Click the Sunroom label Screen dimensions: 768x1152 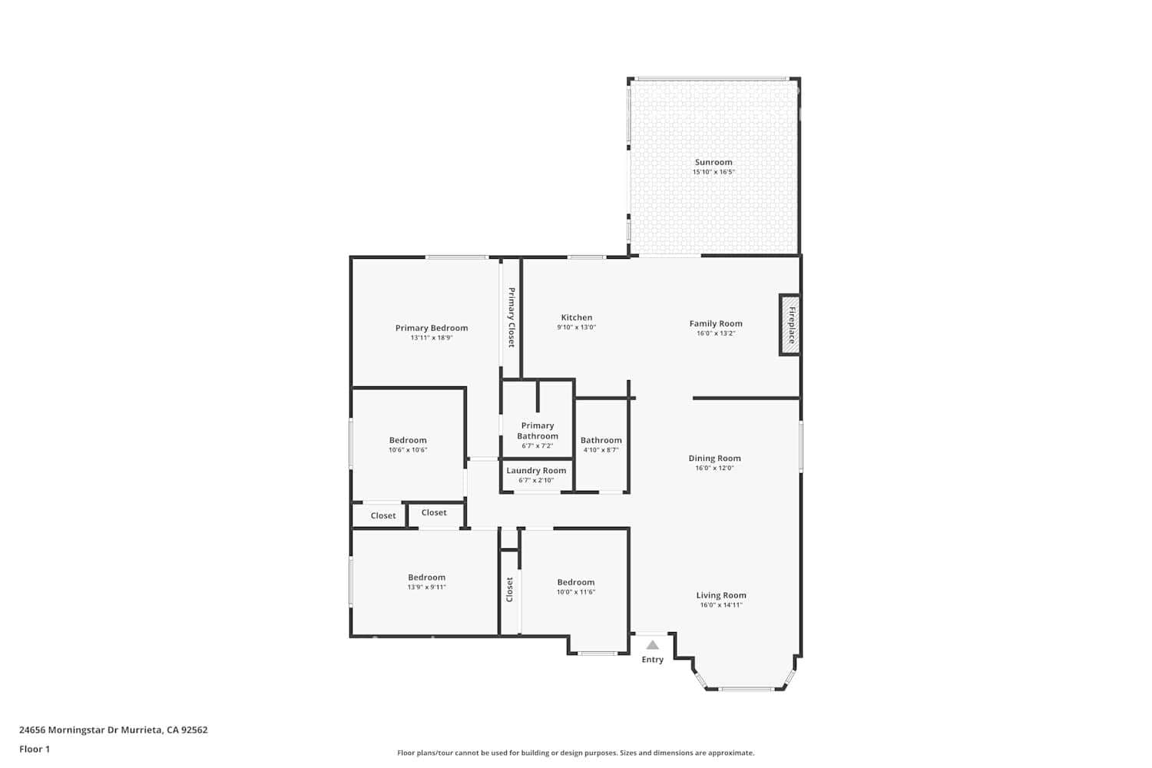coord(713,162)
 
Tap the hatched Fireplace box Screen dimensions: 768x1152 coord(790,325)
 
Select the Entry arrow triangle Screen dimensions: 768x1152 coord(652,645)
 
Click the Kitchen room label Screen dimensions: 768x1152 coord(576,317)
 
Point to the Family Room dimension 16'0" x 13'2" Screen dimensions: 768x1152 coord(715,333)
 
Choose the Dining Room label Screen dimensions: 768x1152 coord(714,458)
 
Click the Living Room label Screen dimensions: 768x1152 coord(721,595)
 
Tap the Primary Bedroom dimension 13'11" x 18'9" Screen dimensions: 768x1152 coord(431,337)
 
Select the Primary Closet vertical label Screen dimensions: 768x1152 coord(511,317)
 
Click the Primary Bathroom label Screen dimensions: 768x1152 coord(538,431)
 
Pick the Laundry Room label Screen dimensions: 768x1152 coord(536,471)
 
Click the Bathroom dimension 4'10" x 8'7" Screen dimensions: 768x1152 coord(601,450)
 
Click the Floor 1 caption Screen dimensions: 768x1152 coord(35,749)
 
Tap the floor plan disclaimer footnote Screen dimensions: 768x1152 coord(575,753)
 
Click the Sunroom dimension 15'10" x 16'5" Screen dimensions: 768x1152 coord(713,172)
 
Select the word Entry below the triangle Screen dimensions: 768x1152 coord(652,660)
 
